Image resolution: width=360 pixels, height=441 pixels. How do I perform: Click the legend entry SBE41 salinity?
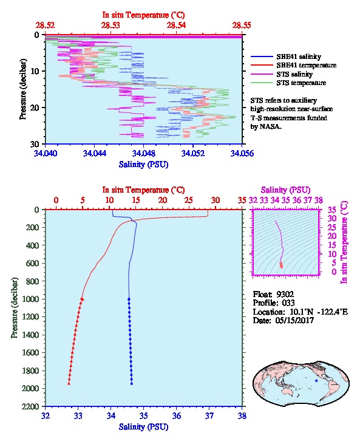299,56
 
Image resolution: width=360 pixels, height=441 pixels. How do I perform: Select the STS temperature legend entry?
301,83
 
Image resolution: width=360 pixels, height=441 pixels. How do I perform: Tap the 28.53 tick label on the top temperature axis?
110,26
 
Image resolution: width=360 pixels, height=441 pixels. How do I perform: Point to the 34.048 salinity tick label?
144,153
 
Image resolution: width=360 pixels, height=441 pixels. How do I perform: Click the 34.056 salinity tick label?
242,153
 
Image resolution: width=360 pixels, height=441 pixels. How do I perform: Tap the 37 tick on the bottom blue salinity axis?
209,415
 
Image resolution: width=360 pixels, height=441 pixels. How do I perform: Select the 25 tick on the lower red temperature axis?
189,200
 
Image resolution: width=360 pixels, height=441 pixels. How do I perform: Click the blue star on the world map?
316,381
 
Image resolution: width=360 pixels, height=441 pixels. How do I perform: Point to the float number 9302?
285,295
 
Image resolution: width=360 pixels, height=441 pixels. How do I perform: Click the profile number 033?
288,303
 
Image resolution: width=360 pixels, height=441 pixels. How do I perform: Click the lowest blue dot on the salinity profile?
132,384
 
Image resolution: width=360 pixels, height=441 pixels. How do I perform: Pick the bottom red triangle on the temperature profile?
69,383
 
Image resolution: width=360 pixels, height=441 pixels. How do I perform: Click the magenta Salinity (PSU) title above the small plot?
285,190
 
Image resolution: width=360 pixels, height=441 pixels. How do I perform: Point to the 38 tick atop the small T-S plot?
319,200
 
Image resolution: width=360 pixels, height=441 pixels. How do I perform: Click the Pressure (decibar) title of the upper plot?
23,89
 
